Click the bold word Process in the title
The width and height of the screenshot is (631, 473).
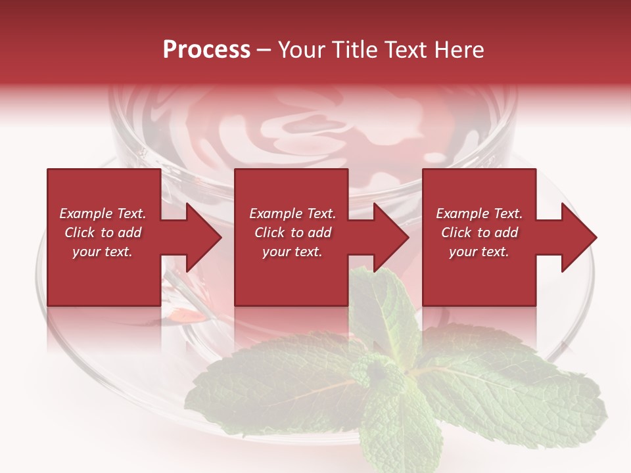(206, 50)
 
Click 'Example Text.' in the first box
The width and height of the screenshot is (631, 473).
(103, 214)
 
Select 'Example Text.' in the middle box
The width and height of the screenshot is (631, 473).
(292, 214)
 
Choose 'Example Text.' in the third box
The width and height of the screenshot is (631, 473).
(479, 214)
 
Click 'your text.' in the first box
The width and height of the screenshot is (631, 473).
(103, 252)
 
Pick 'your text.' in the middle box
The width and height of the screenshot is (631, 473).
(292, 252)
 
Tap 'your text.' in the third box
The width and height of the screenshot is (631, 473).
(479, 252)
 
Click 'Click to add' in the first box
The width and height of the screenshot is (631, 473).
(103, 233)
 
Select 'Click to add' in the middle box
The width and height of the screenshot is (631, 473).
(292, 233)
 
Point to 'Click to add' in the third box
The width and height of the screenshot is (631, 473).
(479, 233)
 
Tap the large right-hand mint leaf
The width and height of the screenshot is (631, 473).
(513, 388)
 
